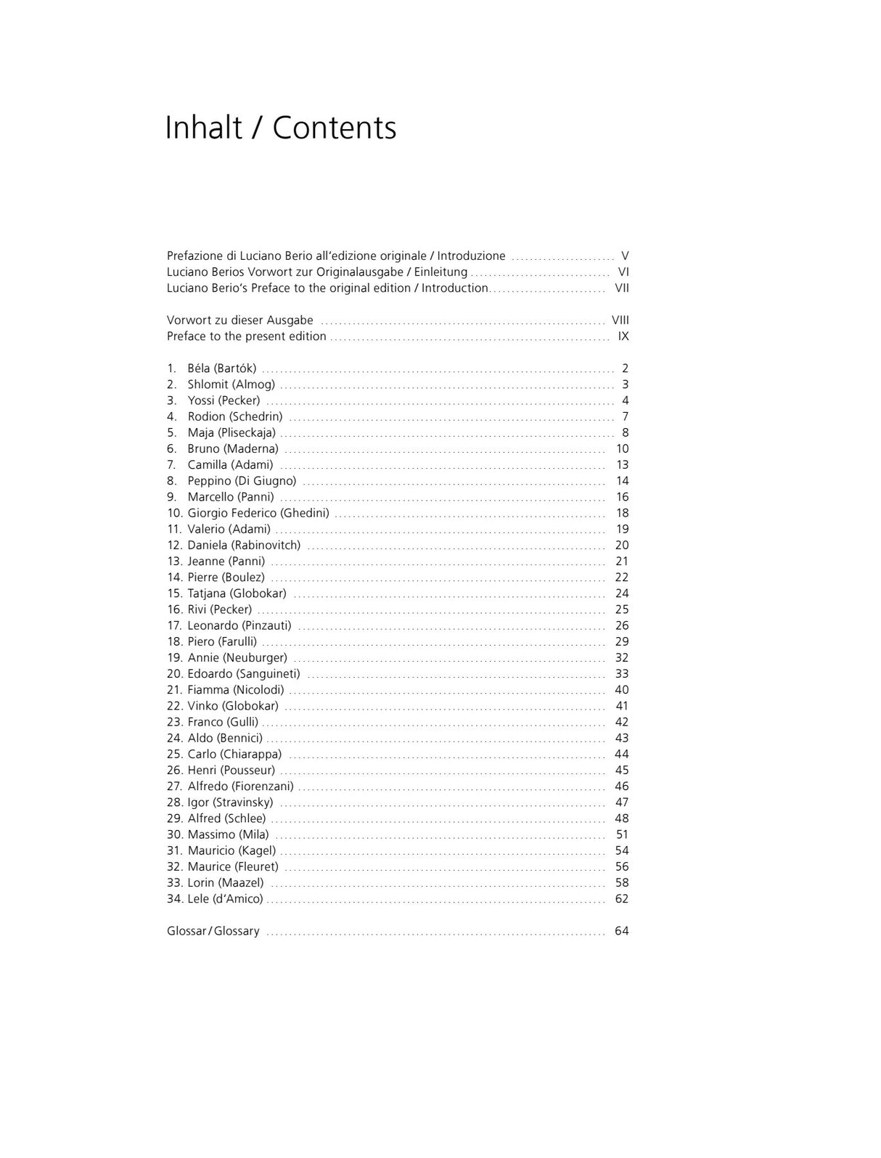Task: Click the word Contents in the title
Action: (335, 128)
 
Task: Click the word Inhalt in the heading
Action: (203, 128)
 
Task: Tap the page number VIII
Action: (620, 320)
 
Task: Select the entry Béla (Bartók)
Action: (221, 369)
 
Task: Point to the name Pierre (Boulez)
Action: (226, 578)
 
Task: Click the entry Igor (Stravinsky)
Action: (230, 802)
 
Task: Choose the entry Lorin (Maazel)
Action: (226, 883)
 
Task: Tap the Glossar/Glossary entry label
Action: (213, 931)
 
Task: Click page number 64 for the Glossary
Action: (621, 931)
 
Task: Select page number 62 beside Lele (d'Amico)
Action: (621, 899)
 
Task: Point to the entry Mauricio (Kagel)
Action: (231, 850)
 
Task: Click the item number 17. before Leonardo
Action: (174, 625)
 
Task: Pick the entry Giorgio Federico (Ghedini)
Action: (258, 513)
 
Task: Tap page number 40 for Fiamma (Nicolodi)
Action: (621, 690)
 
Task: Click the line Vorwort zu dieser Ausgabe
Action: (239, 320)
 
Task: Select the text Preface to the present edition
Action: (246, 337)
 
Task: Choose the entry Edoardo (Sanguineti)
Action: (243, 674)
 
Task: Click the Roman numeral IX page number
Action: (623, 337)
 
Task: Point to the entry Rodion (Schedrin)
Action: (235, 416)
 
